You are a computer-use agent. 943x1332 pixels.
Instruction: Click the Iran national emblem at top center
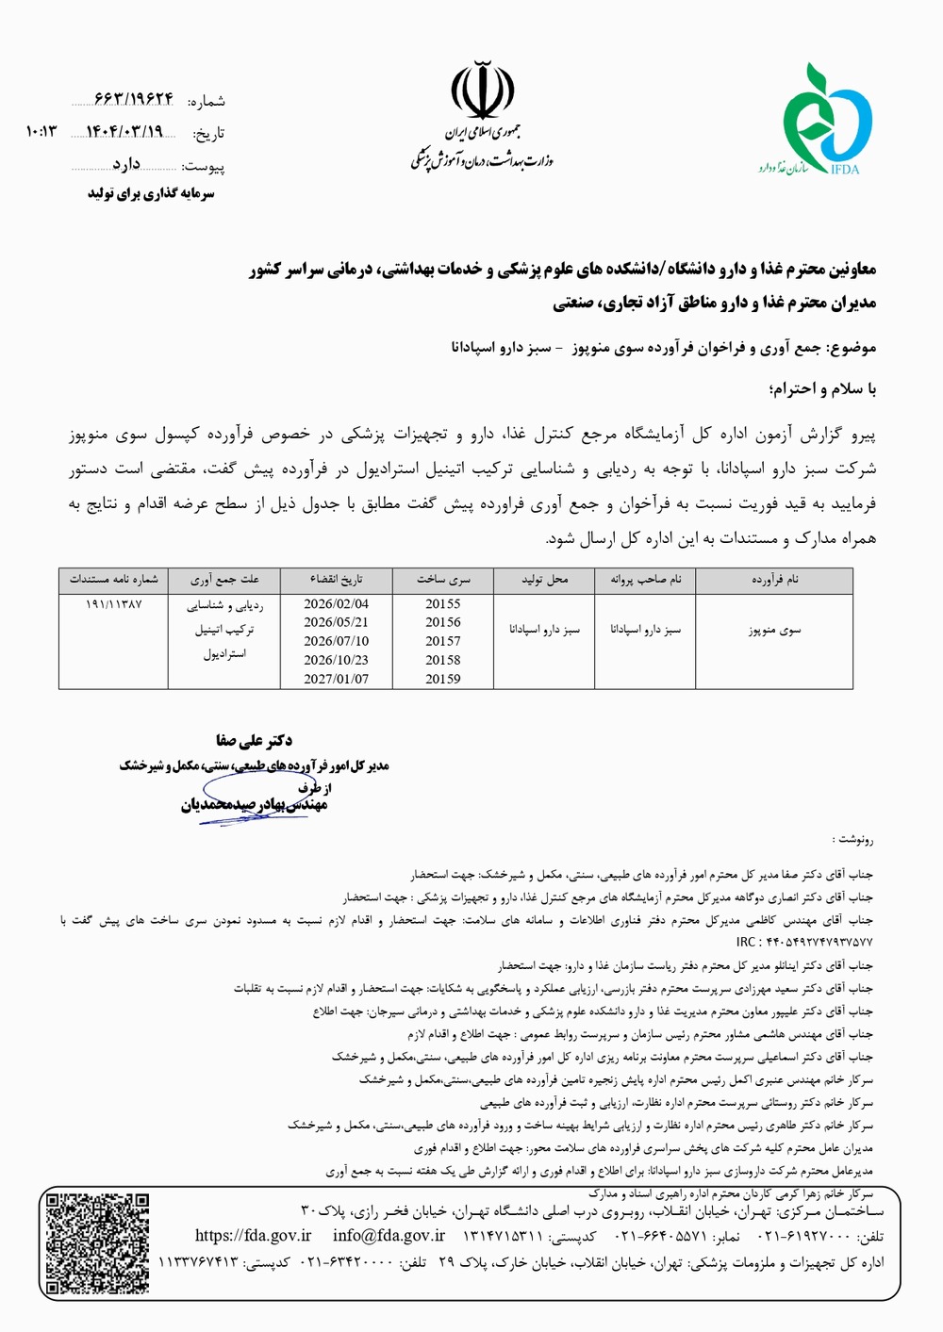pos(482,90)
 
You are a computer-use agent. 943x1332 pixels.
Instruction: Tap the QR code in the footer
pos(98,1243)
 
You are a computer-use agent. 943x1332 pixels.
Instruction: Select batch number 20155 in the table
pos(443,604)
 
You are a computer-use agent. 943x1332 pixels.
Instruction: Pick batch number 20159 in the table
pos(443,679)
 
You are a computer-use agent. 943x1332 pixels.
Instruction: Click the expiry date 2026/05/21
pos(336,622)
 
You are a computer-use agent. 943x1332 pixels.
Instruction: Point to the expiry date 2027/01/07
pos(336,679)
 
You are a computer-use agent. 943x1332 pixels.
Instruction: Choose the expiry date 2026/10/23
pos(336,660)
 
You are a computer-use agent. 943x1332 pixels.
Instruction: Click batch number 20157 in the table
pos(443,641)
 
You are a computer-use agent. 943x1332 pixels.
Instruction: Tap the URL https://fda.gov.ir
pos(253,1236)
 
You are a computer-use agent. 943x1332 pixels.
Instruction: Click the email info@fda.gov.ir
pos(389,1236)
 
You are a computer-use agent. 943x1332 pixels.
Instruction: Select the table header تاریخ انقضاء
pos(336,580)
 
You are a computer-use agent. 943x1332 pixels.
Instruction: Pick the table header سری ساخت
pos(443,580)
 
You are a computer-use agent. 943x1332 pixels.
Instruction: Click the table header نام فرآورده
pos(774,580)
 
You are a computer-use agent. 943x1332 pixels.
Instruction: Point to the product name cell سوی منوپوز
pos(774,630)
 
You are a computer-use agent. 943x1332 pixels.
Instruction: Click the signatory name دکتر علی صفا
pos(254,741)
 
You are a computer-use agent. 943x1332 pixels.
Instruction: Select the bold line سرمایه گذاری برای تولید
pos(151,194)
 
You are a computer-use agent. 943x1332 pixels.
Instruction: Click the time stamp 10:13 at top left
pos(42,132)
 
